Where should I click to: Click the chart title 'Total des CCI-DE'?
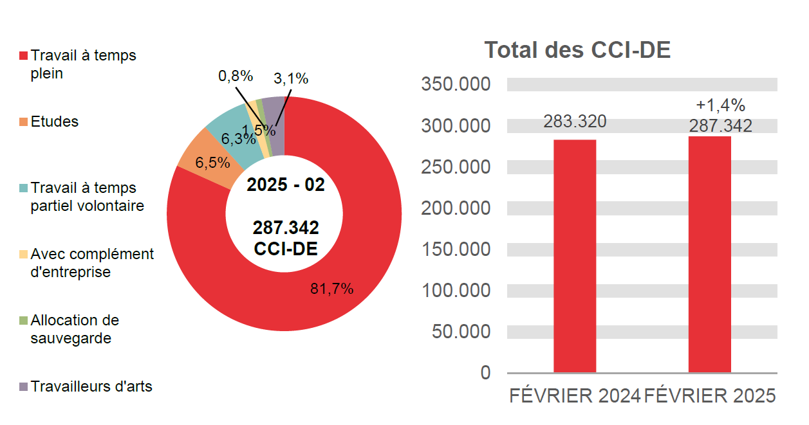tap(577, 50)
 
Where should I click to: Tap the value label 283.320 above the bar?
tap(575, 122)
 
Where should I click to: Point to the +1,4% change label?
tap(720, 105)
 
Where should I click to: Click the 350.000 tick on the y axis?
tap(456, 85)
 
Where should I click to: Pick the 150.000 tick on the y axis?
tap(456, 249)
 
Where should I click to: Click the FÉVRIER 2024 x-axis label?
tap(575, 396)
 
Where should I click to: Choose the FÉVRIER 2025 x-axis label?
tap(709, 396)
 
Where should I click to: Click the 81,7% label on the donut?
tap(332, 289)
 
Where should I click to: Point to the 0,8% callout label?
tap(236, 77)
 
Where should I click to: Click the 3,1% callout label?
tap(291, 79)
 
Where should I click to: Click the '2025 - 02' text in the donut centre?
tap(286, 185)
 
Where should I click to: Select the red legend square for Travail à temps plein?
tap(24, 56)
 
